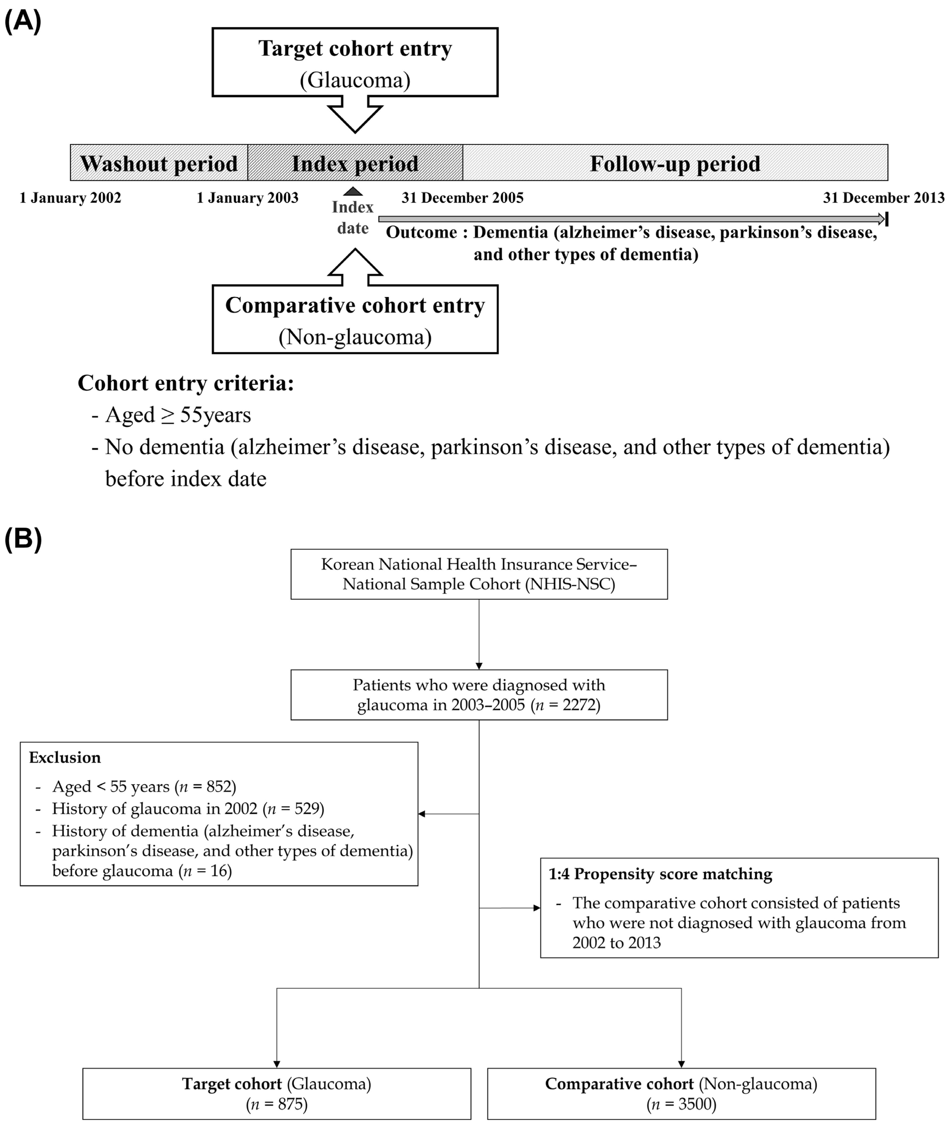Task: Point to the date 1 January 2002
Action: (71, 198)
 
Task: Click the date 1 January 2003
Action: (247, 198)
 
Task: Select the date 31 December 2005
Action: (462, 198)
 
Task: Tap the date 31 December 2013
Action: (883, 198)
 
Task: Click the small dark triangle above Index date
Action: (353, 191)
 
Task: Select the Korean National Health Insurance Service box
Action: (479, 574)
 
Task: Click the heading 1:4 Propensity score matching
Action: (660, 874)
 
